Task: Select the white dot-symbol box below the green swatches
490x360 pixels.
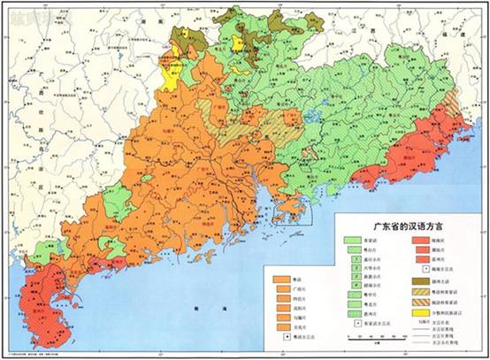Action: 355,322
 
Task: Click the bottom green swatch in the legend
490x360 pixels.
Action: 355,310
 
